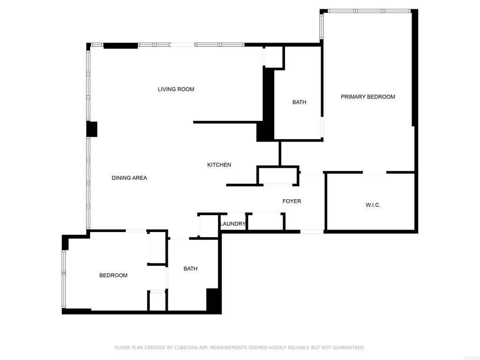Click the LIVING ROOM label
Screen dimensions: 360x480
tap(176, 89)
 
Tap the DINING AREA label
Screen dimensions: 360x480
tap(129, 178)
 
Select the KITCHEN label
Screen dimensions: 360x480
tap(219, 165)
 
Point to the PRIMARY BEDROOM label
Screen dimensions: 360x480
tap(367, 97)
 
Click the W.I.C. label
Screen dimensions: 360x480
tap(373, 205)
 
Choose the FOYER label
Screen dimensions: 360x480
tap(292, 201)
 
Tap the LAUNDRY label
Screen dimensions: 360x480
tap(232, 224)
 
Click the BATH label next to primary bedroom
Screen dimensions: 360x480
tap(299, 102)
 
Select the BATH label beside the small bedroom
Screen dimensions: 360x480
tap(190, 269)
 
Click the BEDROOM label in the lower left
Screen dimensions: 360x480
tap(113, 275)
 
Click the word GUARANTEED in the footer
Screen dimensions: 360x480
tap(348, 348)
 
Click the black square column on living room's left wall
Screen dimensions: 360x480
tap(92, 129)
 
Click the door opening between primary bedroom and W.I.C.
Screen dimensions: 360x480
tap(375, 172)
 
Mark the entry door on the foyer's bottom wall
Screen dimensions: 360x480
tap(312, 231)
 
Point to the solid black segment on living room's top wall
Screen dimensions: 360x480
tap(120, 45)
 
